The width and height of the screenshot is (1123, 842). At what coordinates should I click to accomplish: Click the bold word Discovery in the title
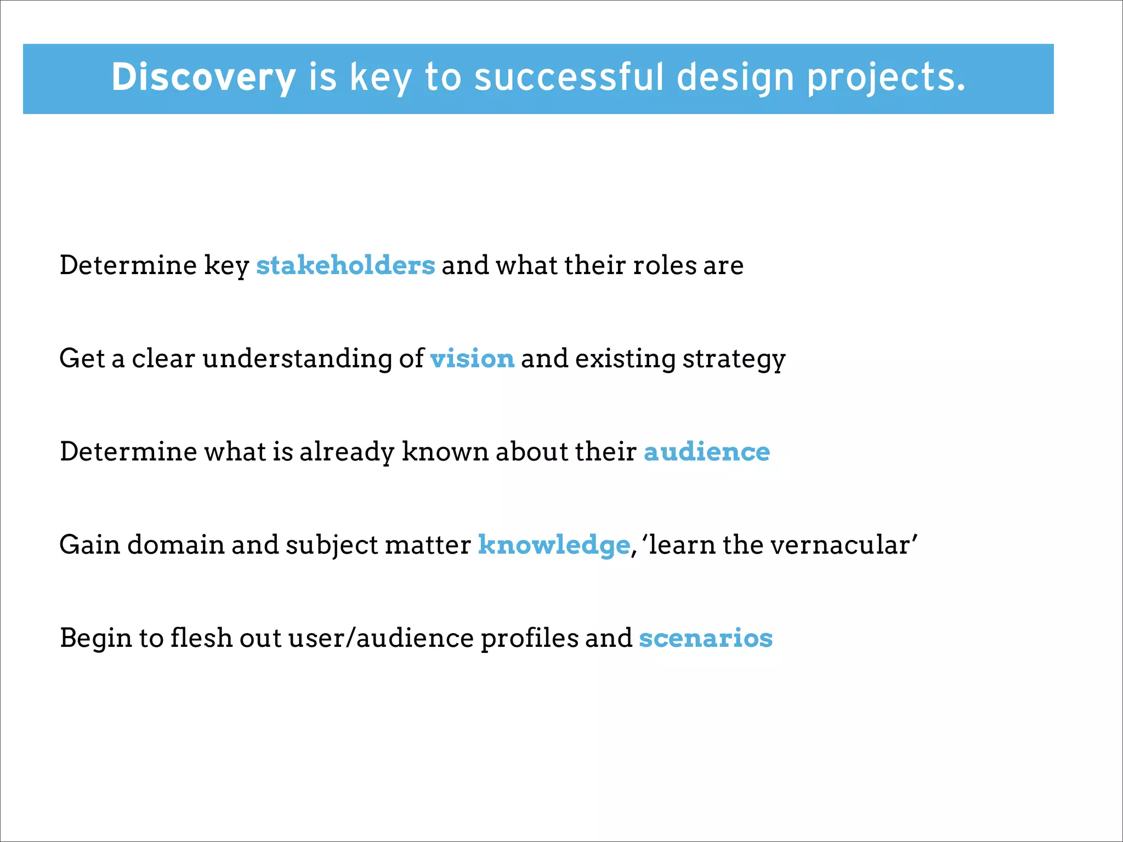tap(203, 77)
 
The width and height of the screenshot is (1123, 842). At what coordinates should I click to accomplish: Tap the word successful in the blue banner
tap(569, 77)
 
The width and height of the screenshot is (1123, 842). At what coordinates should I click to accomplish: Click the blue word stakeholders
tap(345, 265)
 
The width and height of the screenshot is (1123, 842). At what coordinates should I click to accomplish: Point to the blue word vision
tap(472, 359)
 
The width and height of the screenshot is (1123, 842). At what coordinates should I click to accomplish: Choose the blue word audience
tap(707, 452)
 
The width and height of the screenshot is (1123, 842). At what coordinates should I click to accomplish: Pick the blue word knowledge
tap(554, 545)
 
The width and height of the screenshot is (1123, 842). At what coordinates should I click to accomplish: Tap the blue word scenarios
tap(706, 638)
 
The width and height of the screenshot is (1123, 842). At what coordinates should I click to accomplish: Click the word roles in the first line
tap(665, 265)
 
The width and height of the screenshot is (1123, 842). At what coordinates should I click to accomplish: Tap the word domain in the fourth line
tap(176, 545)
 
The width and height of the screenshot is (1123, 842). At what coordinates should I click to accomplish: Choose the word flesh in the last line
tap(201, 638)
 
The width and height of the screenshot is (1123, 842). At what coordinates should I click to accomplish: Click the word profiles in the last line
tap(529, 638)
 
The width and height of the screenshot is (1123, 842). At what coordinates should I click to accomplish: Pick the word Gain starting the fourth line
tap(89, 545)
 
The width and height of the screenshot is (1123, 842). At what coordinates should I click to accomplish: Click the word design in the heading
tap(735, 77)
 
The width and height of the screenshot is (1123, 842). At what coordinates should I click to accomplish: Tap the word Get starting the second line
tap(82, 359)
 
